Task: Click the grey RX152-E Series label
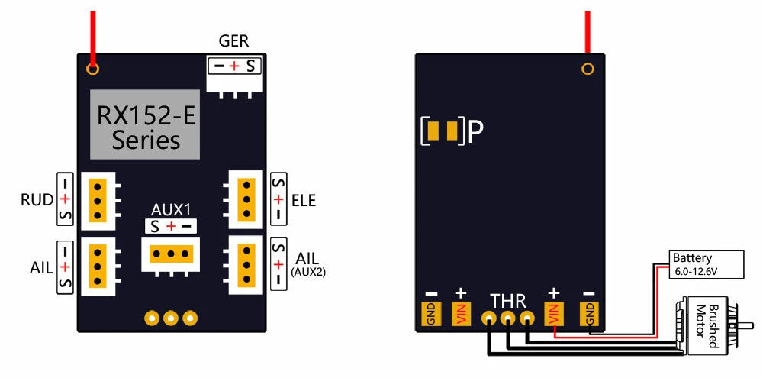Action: point(145,124)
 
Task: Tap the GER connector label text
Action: point(233,41)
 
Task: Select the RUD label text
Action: point(37,200)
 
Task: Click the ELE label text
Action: point(304,200)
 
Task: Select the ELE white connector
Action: point(246,199)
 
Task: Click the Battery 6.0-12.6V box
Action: point(706,263)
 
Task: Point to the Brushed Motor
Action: point(706,327)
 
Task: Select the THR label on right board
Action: point(508,300)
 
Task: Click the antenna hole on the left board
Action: point(93,69)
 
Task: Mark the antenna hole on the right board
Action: point(588,69)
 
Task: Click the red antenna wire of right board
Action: point(588,31)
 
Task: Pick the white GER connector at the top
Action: point(233,76)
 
